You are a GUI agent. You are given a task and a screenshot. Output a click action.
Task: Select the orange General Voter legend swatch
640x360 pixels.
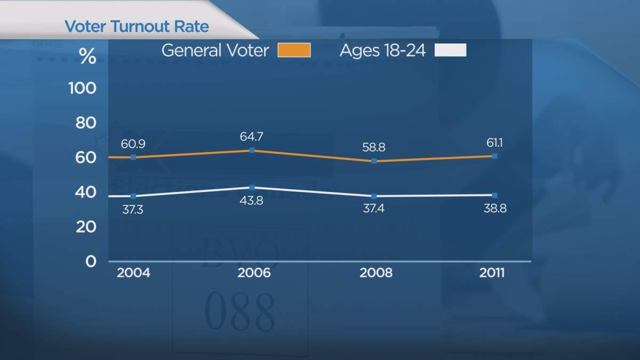click(293, 51)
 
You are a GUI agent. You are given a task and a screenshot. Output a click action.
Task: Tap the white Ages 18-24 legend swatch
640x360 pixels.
click(451, 51)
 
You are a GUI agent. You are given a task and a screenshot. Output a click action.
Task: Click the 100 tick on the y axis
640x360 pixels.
click(82, 88)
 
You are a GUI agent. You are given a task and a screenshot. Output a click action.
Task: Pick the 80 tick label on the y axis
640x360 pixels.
click(85, 123)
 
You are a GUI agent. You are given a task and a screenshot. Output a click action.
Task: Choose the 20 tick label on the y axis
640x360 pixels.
click(85, 227)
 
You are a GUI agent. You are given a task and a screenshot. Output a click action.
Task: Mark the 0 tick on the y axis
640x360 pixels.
click(91, 261)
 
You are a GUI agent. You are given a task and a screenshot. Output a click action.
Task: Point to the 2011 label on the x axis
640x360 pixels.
click(491, 273)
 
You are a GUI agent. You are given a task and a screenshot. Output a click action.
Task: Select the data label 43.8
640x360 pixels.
click(252, 203)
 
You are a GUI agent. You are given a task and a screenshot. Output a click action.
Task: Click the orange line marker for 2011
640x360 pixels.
click(494, 156)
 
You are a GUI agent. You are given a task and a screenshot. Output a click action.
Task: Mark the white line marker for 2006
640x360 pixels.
click(252, 188)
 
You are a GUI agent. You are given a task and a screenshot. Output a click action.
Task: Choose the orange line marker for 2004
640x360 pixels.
click(133, 157)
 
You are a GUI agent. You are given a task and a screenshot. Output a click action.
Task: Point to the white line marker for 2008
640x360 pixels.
click(374, 196)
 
